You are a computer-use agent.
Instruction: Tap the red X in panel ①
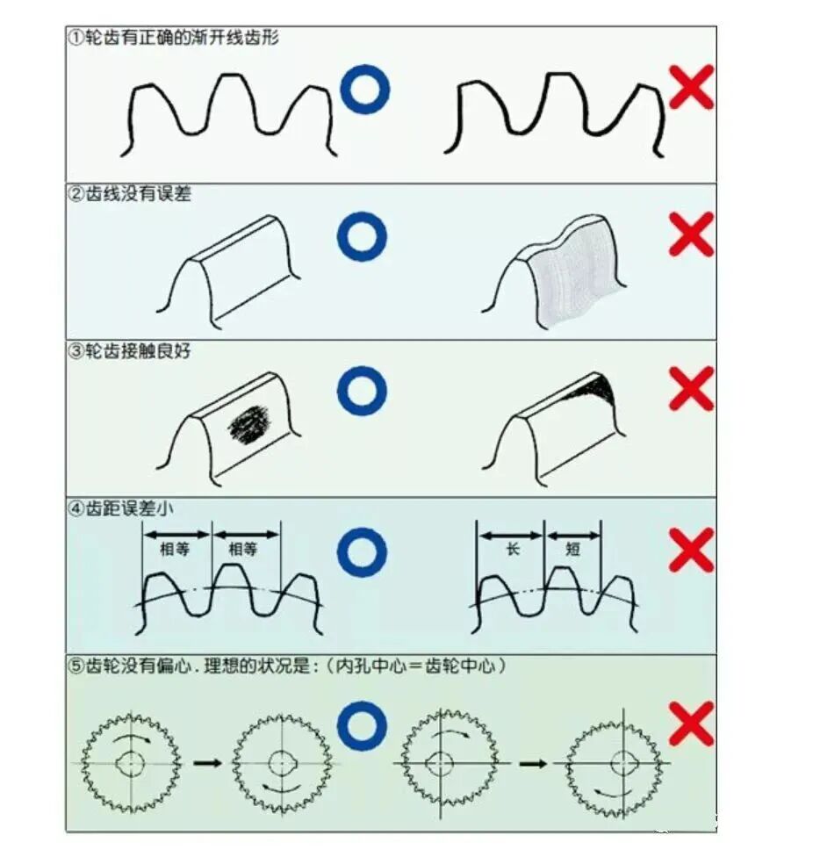691,87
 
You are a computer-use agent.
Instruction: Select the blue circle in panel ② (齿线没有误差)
362,237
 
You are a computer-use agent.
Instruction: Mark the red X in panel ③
691,388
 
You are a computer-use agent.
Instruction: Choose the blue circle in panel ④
362,553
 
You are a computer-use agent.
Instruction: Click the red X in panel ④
691,551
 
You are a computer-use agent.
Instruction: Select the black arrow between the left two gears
207,763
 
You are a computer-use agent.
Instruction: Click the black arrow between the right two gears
532,763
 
